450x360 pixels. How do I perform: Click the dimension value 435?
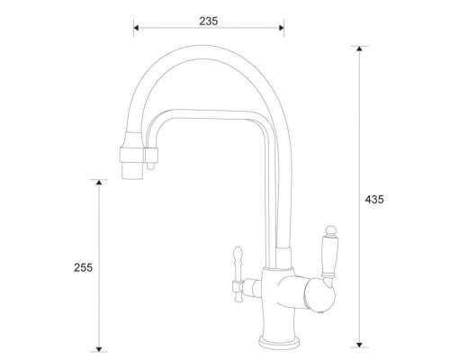coord(375,199)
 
